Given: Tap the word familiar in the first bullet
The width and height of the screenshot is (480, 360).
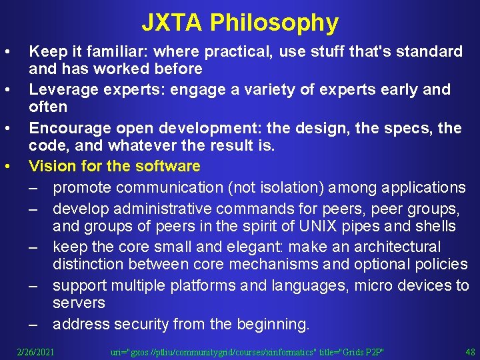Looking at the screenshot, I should coord(107,51).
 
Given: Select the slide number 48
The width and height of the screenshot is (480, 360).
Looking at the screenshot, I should coord(469,351).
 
